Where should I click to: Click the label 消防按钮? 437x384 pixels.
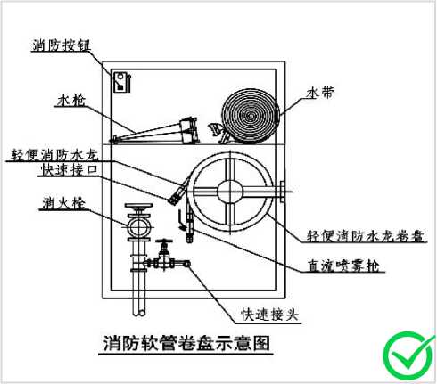tap(62, 45)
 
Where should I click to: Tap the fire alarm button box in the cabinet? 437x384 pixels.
tap(120, 82)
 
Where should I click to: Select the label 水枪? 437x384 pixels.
tap(71, 100)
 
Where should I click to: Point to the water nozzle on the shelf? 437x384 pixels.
tap(154, 131)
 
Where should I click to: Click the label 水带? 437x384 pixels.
tap(320, 93)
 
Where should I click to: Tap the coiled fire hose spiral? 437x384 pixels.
tap(251, 115)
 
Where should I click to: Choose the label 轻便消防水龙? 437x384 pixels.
tap(54, 154)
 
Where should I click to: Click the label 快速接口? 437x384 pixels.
tap(70, 170)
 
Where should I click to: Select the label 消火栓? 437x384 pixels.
tap(63, 203)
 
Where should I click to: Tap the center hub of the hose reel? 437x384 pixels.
tap(230, 192)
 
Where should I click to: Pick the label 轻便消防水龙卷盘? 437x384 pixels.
tap(366, 236)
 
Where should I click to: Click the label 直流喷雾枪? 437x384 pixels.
tap(343, 266)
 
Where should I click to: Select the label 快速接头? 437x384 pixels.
tap(269, 315)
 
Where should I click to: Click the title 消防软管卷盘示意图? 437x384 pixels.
tap(186, 343)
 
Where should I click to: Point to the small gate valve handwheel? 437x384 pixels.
tap(163, 241)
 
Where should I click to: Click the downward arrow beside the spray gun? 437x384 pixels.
tap(180, 220)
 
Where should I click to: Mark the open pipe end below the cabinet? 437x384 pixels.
tap(139, 313)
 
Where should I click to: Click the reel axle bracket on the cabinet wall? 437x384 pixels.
tap(282, 192)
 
